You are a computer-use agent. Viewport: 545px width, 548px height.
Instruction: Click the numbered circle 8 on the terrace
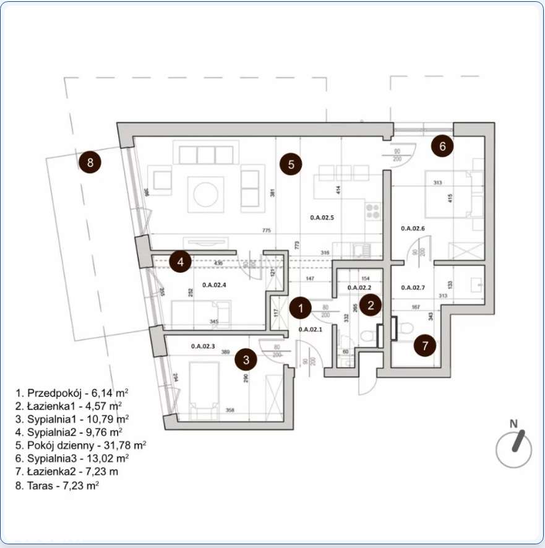(90, 163)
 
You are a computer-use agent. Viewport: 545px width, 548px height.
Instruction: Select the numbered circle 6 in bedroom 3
(442, 147)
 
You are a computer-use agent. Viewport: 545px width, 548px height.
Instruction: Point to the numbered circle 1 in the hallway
(301, 307)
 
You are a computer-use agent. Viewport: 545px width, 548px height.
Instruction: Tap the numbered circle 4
(180, 262)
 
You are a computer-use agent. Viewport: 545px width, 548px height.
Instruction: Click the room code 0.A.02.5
(322, 217)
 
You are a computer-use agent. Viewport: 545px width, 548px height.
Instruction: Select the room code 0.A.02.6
(413, 228)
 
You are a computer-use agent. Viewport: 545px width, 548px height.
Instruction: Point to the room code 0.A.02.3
(204, 346)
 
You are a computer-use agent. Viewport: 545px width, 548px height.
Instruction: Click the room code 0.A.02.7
(413, 288)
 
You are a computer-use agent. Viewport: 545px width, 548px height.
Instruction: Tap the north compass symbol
(514, 447)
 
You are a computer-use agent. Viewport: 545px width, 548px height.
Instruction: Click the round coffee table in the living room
(206, 194)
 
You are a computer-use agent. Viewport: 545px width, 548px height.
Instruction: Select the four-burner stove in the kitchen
(373, 212)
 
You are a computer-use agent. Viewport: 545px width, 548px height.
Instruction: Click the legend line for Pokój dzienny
(80, 445)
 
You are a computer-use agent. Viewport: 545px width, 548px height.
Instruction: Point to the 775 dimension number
(266, 231)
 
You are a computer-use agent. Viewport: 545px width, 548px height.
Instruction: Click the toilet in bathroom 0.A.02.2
(368, 337)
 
